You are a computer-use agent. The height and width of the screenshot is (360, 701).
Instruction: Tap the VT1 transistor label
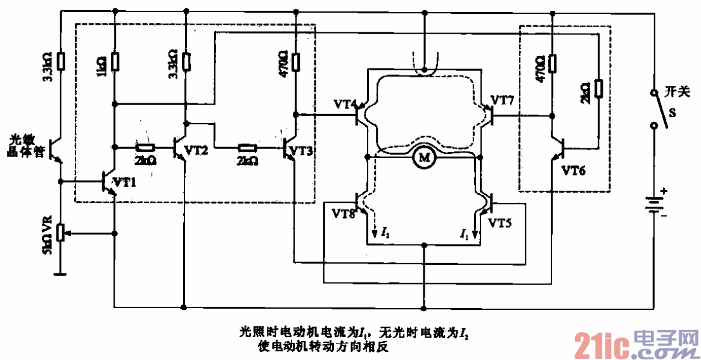[124, 182]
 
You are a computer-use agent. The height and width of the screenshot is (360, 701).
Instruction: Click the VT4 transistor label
[346, 103]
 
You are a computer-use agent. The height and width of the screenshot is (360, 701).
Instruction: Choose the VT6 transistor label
[575, 170]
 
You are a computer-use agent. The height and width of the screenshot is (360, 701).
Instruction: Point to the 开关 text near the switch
[676, 92]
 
